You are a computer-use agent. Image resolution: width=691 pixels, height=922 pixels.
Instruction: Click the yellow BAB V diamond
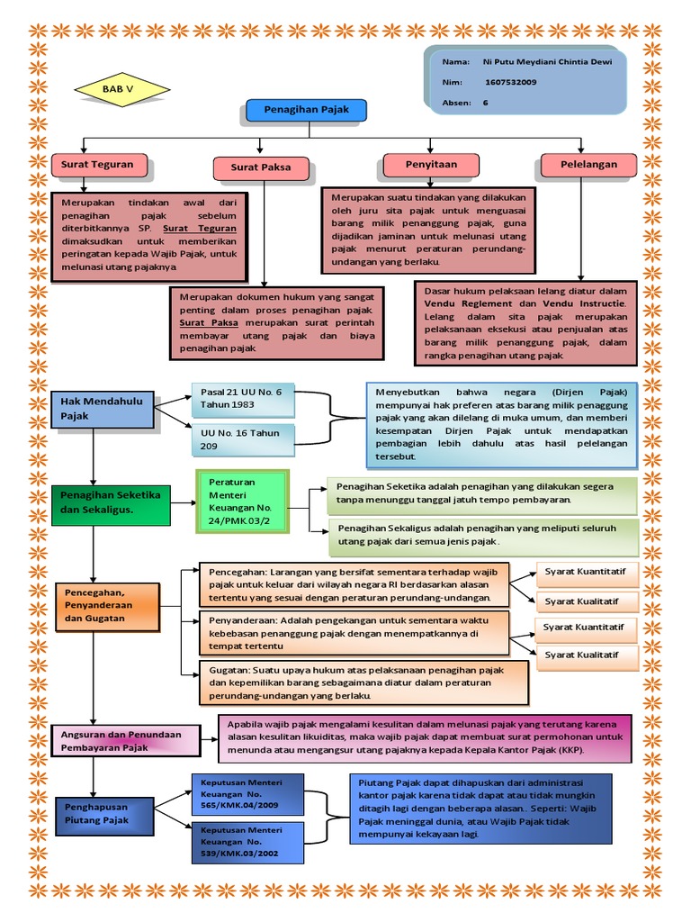point(121,89)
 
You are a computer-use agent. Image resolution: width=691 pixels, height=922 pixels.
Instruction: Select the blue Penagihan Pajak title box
point(307,111)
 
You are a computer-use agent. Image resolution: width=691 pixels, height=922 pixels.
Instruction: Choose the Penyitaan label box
point(431,165)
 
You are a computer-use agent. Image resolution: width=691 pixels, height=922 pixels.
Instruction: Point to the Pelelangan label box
point(588,166)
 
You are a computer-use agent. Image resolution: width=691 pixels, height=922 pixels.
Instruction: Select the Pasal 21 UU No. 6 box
point(242,399)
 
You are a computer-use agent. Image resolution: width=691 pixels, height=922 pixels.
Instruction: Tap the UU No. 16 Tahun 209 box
point(242,439)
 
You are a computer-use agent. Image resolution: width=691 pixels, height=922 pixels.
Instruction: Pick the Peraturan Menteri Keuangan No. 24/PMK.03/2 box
point(242,501)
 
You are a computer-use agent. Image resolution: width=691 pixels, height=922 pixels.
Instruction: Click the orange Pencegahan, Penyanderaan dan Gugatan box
point(110,606)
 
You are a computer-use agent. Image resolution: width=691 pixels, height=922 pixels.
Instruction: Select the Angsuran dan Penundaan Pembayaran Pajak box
point(122,741)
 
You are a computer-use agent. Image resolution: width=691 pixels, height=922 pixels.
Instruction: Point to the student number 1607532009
point(511,82)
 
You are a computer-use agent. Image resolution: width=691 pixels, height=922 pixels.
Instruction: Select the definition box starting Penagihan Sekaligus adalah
point(482,537)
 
